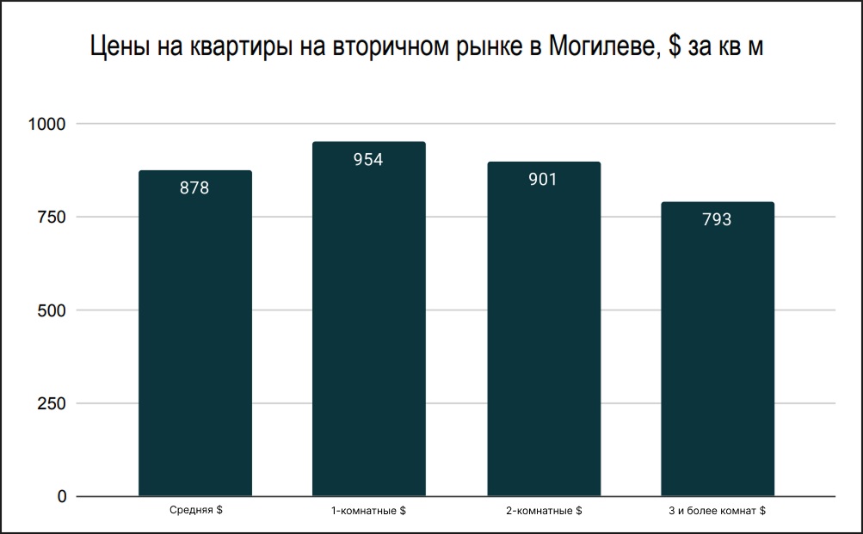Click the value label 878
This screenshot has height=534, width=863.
[x=194, y=188]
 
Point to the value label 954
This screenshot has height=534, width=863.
[x=368, y=160]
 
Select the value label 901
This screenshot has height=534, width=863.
[x=543, y=180]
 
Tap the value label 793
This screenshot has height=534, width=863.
[x=717, y=220]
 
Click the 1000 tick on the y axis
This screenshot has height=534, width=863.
[x=47, y=124]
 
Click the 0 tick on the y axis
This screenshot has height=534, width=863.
[x=61, y=496]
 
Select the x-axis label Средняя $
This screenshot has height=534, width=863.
[x=195, y=511]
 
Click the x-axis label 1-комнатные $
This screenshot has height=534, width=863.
[x=368, y=512]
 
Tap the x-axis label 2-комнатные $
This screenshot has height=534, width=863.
[x=543, y=512]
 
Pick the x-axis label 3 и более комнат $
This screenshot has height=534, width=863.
[x=717, y=512]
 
